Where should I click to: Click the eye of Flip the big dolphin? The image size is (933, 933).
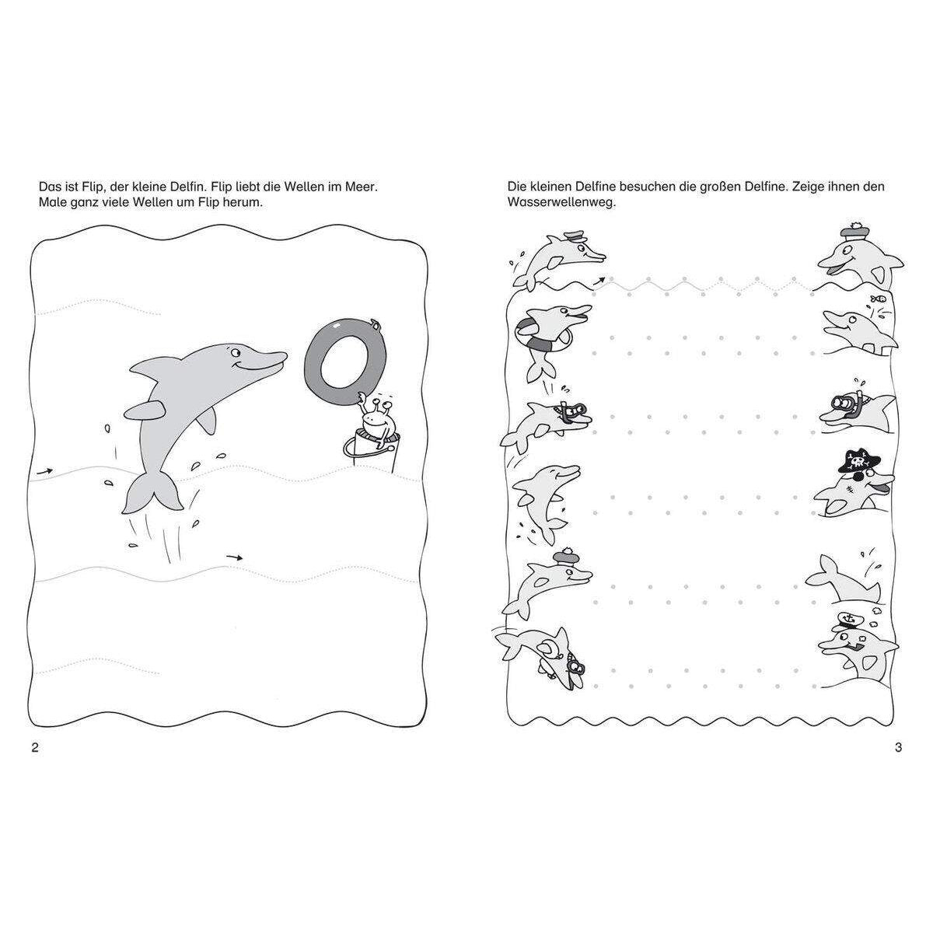pos(234,351)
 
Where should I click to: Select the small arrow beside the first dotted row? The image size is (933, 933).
pos(599,281)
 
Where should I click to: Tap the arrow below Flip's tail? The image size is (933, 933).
pos(235,557)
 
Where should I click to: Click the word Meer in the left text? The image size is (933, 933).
pos(361,187)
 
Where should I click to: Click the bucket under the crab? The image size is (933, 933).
pos(373,450)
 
